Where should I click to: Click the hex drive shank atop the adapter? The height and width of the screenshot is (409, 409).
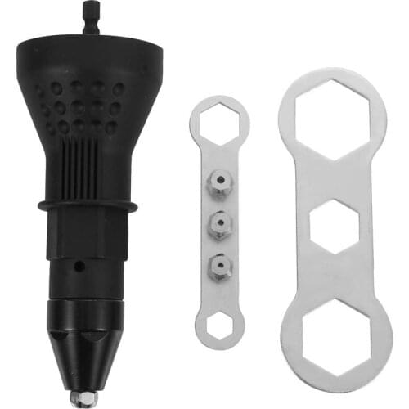tap(89, 17)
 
